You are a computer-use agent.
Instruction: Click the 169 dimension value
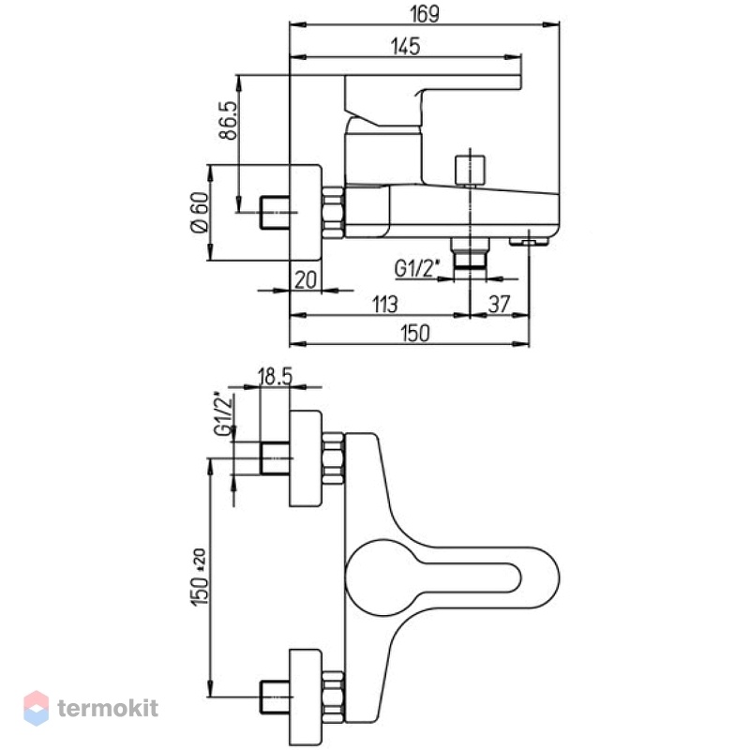click(x=425, y=14)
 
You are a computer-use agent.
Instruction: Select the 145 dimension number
click(x=405, y=46)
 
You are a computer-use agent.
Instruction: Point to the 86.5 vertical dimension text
click(x=229, y=120)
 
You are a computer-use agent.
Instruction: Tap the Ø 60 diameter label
click(x=200, y=213)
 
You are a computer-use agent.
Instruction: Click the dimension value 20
click(x=306, y=279)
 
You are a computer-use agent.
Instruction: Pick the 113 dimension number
click(x=384, y=304)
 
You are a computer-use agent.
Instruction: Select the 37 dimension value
click(x=500, y=304)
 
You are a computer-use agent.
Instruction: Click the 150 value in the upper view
click(x=415, y=333)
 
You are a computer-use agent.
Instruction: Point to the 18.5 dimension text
click(x=275, y=377)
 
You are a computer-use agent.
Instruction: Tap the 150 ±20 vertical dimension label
click(x=200, y=577)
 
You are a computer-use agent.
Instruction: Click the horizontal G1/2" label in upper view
click(x=416, y=268)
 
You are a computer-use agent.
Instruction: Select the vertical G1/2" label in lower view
click(x=224, y=414)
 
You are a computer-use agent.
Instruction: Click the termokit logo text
click(x=108, y=708)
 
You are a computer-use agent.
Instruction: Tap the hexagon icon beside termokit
click(x=37, y=708)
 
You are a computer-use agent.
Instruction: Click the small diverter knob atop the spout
click(x=470, y=170)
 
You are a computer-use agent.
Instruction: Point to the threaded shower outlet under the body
click(x=470, y=252)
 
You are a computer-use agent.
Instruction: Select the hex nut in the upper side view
click(x=333, y=213)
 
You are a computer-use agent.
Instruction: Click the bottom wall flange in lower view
click(x=306, y=697)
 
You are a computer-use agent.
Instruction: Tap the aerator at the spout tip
click(x=529, y=242)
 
